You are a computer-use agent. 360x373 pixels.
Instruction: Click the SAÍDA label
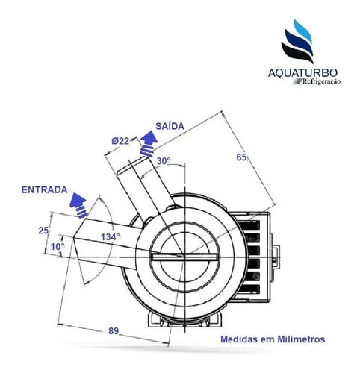pos(170,126)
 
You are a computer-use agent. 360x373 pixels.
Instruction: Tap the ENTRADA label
pos(45,189)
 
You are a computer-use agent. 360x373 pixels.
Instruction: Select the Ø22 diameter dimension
pos(120,141)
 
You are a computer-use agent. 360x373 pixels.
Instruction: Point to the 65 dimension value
pos(241,157)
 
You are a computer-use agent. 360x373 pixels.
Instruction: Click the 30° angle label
pos(164,161)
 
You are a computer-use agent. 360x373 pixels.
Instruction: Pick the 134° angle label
pos(111,237)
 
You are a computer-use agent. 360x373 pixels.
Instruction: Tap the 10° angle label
pos(58,247)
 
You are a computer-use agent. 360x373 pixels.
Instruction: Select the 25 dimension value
pos(43,231)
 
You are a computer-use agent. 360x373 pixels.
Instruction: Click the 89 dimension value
pos(114,331)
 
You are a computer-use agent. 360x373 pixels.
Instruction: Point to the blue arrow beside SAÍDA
pos(149,144)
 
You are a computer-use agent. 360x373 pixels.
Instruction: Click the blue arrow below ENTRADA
pos(79,205)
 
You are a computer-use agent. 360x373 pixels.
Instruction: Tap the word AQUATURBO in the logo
pos(302,73)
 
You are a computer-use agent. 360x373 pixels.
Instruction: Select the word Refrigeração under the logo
pos(321,81)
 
